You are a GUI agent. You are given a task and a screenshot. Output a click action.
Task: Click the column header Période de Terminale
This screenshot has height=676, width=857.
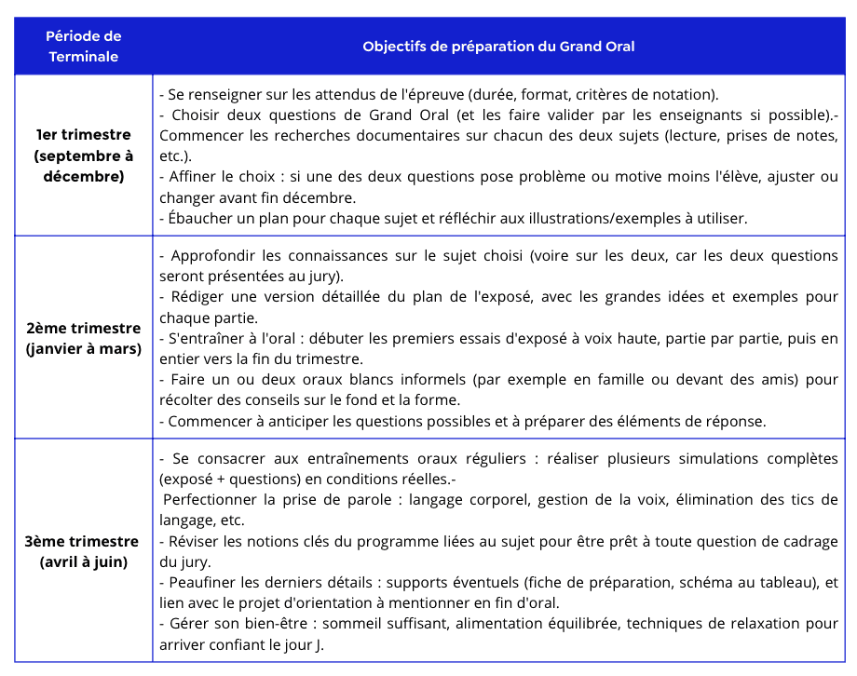coord(84,47)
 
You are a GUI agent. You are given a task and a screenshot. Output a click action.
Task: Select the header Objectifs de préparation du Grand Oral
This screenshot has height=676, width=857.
coord(498,47)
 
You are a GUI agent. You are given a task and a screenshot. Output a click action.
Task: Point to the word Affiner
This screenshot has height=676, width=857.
coord(194,176)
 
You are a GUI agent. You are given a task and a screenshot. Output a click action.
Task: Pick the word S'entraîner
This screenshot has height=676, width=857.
coord(202,338)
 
